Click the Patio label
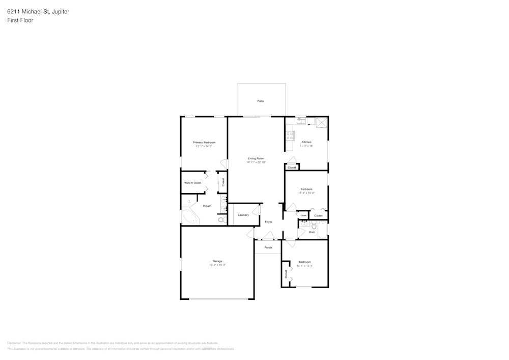pos(261,101)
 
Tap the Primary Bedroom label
pos(204,142)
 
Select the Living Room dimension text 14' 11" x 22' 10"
pos(256,162)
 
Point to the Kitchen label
pos(306,142)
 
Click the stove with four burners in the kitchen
pos(290,135)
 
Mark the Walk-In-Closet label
pos(193,183)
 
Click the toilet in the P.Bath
pos(221,220)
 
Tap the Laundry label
pos(243,215)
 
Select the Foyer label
pos(268,222)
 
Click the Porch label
pos(268,247)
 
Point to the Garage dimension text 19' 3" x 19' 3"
pos(217,265)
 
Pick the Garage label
pos(217,261)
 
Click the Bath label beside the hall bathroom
pos(312,232)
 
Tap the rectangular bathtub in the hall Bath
pos(322,229)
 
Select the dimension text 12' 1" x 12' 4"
pos(305,266)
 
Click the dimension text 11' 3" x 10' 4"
pos(306,193)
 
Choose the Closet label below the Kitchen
pos(292,168)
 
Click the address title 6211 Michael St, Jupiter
pos(39,11)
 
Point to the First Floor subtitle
pos(20,20)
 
